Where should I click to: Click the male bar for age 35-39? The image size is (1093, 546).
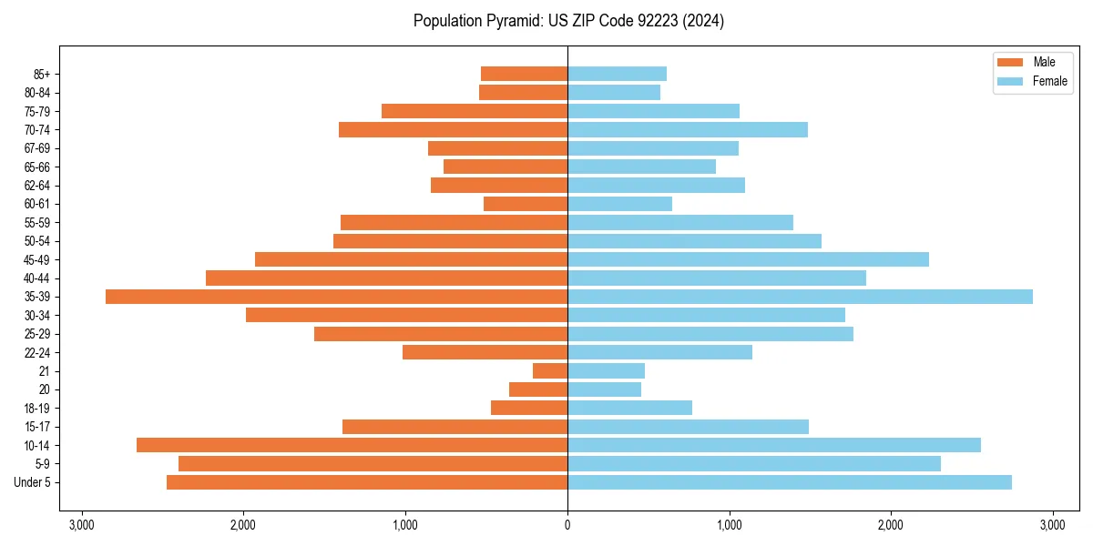tap(337, 297)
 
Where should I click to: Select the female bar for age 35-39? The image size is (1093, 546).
tap(800, 297)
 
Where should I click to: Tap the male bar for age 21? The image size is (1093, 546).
tap(550, 371)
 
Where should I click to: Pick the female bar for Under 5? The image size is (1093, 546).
tap(789, 482)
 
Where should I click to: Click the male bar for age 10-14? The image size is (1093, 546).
tap(352, 445)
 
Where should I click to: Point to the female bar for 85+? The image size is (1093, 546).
tap(617, 74)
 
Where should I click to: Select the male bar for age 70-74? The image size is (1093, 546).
tap(454, 130)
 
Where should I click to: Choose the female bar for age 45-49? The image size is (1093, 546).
tap(748, 259)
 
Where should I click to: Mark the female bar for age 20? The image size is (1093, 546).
tap(604, 389)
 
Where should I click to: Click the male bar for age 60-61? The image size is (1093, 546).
tap(526, 204)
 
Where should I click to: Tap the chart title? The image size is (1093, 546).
tap(568, 21)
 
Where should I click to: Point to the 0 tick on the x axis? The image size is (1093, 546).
tap(567, 525)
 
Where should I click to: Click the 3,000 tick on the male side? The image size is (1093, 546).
tap(82, 525)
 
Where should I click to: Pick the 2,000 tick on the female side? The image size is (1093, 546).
tap(891, 525)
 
